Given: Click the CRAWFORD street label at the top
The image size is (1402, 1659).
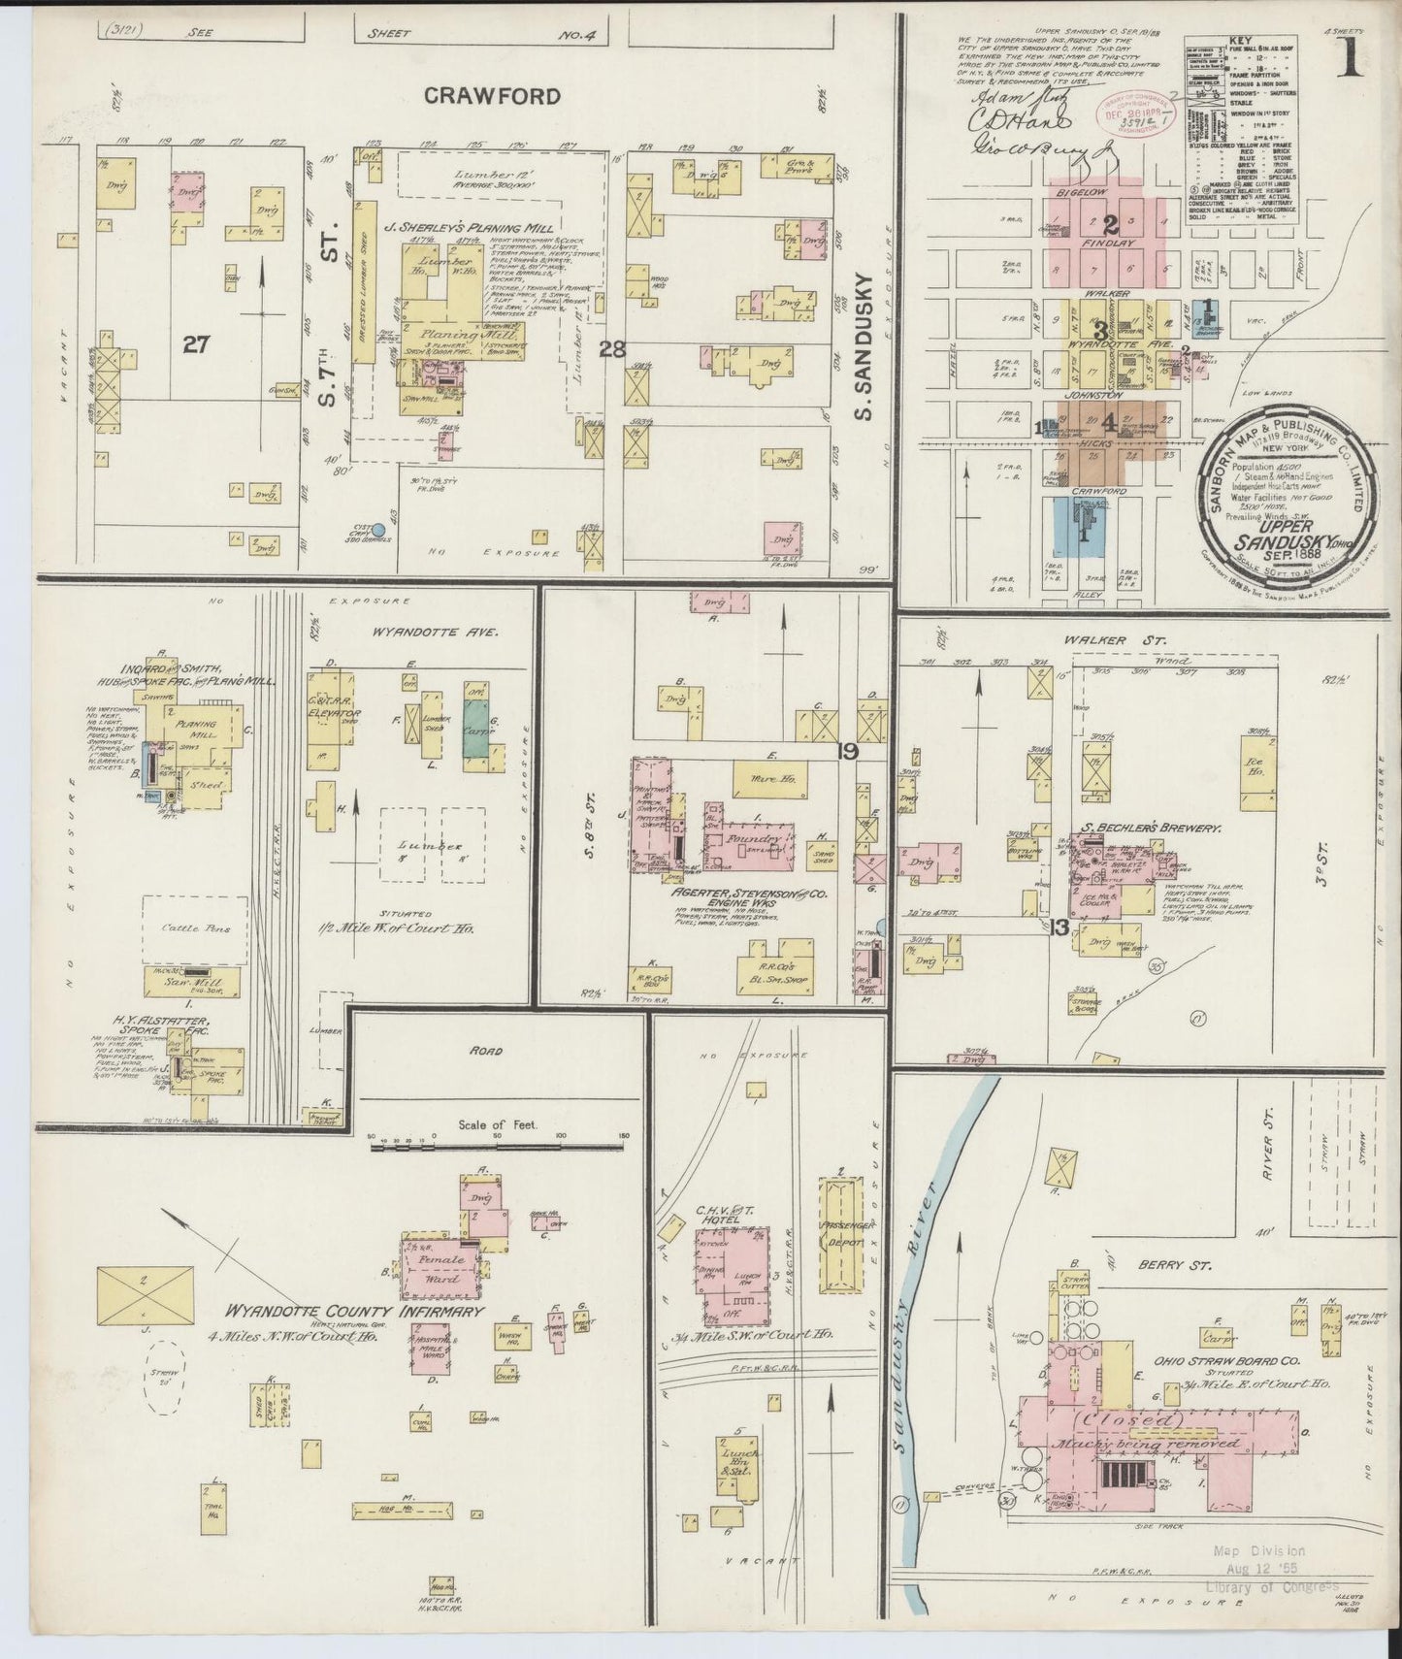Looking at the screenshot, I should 491,95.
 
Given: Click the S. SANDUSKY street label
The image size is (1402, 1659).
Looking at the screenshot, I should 865,346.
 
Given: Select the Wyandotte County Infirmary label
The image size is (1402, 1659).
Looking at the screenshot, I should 353,1311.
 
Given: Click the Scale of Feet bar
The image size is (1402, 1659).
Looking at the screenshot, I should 501,1146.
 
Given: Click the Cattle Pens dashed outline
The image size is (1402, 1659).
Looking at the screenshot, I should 190,927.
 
